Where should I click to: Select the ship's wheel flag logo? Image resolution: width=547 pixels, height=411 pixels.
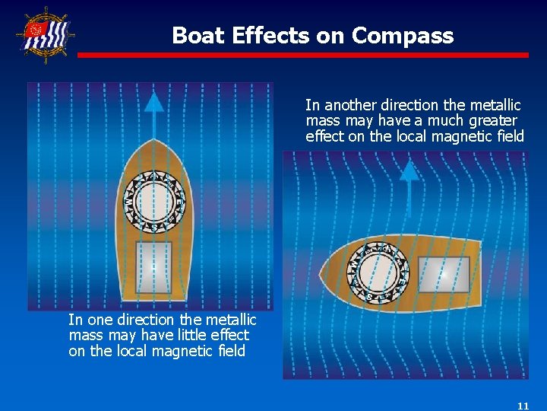[x=45, y=35]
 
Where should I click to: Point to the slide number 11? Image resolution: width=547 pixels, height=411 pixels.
[x=522, y=406]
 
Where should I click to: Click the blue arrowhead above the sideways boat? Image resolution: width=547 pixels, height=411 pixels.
[x=409, y=170]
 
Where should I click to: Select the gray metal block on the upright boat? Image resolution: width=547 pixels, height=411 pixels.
[x=153, y=267]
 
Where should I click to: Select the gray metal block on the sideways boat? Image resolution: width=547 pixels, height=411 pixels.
[x=444, y=273]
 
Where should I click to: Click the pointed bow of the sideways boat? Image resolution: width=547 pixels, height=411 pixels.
[x=324, y=272]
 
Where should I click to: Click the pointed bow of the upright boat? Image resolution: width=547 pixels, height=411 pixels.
[x=154, y=145]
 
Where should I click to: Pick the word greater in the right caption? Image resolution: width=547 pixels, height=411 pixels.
[x=493, y=121]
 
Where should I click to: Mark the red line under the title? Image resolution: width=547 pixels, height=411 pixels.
[x=303, y=55]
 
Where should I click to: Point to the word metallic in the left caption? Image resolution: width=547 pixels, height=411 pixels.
[x=227, y=320]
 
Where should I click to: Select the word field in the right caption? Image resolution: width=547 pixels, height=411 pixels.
[x=508, y=137]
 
